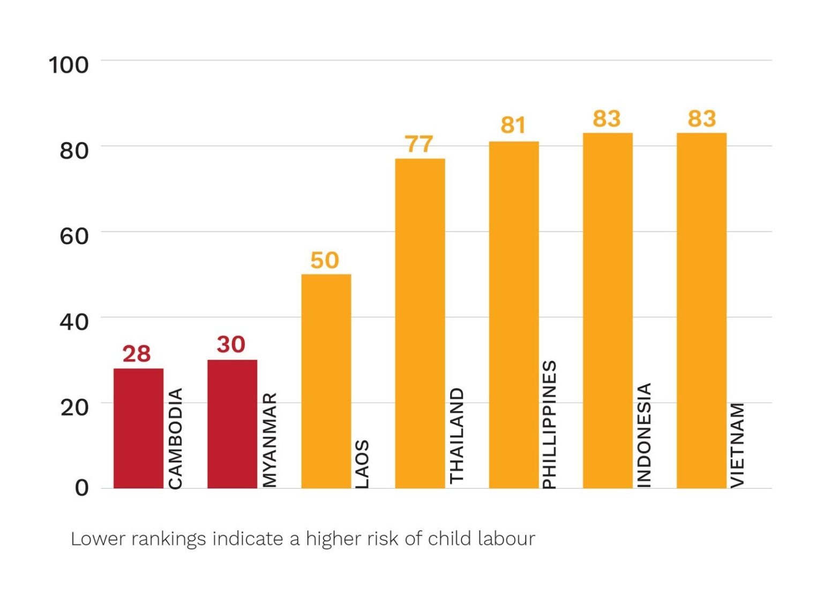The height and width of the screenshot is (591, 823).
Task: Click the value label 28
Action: pos(137,354)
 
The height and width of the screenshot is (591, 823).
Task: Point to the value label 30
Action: pos(231,344)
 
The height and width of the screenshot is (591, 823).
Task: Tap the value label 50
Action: pos(325,261)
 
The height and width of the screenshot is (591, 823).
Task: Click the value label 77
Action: pos(418,144)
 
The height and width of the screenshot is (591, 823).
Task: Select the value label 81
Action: pos(513,125)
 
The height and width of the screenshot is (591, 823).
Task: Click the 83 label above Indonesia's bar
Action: pos(607,119)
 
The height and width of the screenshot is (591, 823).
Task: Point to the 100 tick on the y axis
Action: pos(69,65)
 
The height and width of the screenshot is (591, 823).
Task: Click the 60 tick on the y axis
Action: pos(74,236)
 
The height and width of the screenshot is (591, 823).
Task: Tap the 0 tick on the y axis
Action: pos(81,487)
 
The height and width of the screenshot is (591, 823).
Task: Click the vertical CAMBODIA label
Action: pos(176,438)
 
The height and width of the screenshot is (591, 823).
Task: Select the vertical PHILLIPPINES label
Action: pos(550,424)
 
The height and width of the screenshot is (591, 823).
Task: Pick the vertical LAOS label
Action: pos(363,464)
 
